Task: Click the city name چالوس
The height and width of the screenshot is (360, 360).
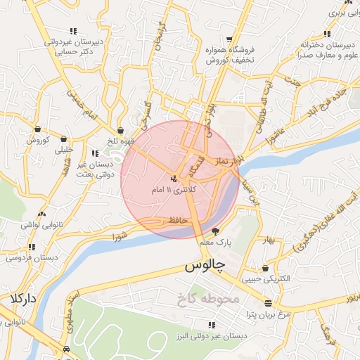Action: coord(204,267)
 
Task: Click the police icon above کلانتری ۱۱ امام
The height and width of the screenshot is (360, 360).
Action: coord(174,178)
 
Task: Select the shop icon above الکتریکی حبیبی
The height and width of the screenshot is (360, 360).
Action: coord(264,268)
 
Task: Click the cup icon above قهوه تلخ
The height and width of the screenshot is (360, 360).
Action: coord(121,130)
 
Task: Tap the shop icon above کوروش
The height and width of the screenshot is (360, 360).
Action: coord(37,129)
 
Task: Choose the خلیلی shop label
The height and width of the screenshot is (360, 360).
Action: coord(64,150)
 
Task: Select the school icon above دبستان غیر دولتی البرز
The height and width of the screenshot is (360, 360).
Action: coord(211,325)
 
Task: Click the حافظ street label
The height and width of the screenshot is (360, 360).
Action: coord(178,221)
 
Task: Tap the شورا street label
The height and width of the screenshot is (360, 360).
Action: coord(120,238)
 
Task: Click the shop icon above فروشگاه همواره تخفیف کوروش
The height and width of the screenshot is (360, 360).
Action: coord(229,39)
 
